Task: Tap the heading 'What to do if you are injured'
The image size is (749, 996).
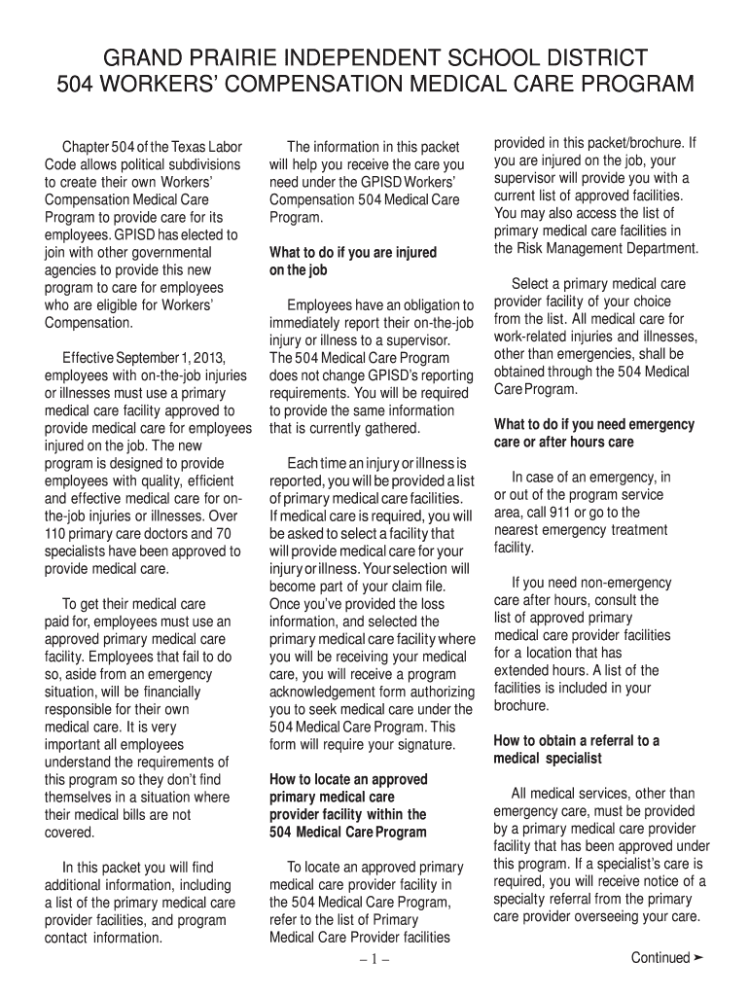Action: pos(353,253)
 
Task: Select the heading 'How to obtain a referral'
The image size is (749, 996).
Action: pos(577,740)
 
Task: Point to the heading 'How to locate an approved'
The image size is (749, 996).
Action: pos(347,779)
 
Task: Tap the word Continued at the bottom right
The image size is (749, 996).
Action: pos(660,958)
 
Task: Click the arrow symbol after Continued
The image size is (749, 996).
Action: pos(697,958)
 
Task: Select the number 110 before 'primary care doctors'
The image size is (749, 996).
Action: pos(56,534)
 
